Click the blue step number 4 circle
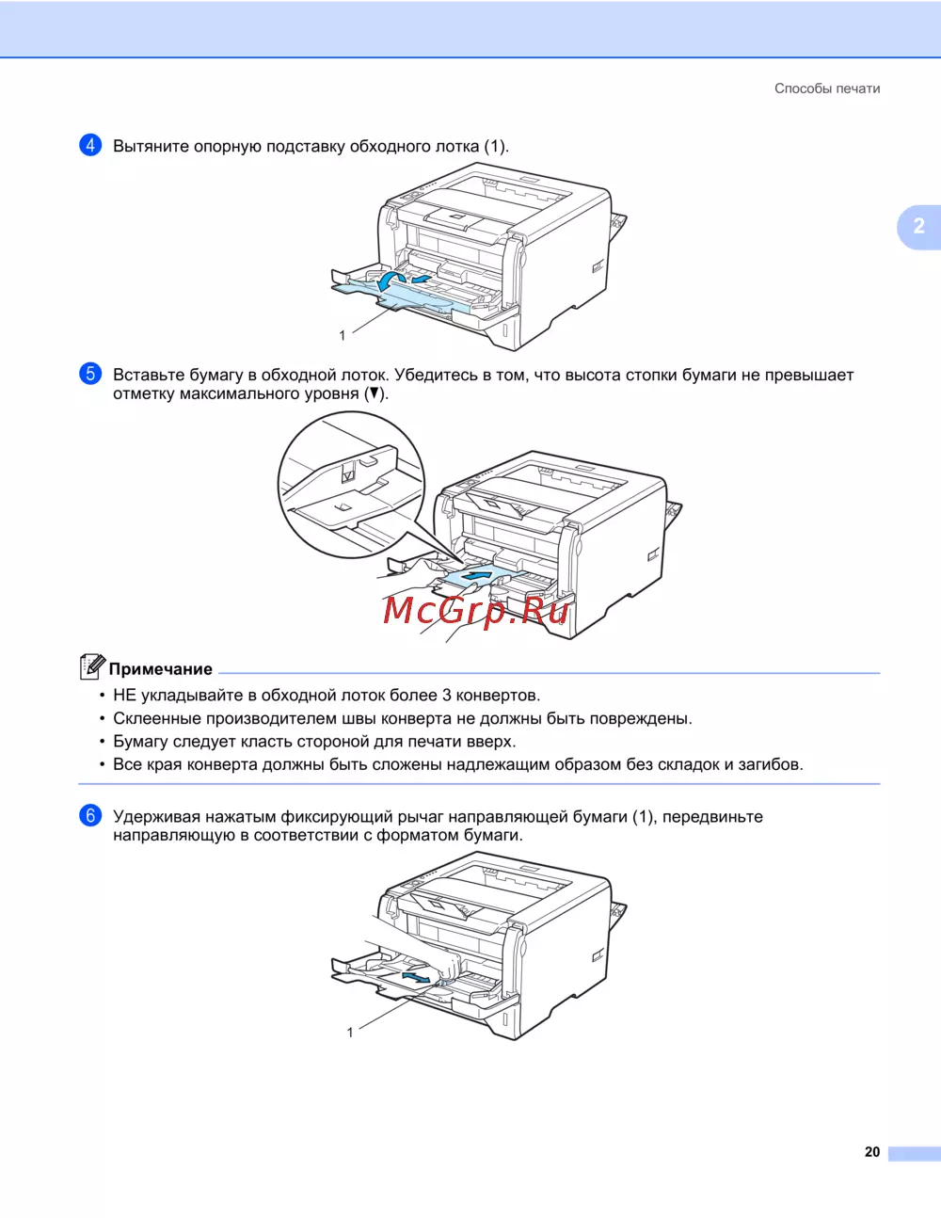[x=90, y=145]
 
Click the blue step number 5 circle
[x=90, y=374]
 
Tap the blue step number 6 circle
[x=90, y=815]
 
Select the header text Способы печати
[x=827, y=88]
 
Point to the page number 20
[x=871, y=1152]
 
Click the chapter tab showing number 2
[x=918, y=226]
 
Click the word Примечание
[x=161, y=668]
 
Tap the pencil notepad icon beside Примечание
[x=92, y=666]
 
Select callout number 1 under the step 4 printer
[x=343, y=335]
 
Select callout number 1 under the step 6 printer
[x=350, y=1033]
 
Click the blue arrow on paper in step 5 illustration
[x=480, y=575]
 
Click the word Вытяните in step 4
[x=152, y=146]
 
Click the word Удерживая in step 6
[x=157, y=817]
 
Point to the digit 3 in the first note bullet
[x=446, y=695]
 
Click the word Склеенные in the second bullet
[x=157, y=718]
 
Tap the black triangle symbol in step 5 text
[x=375, y=393]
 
